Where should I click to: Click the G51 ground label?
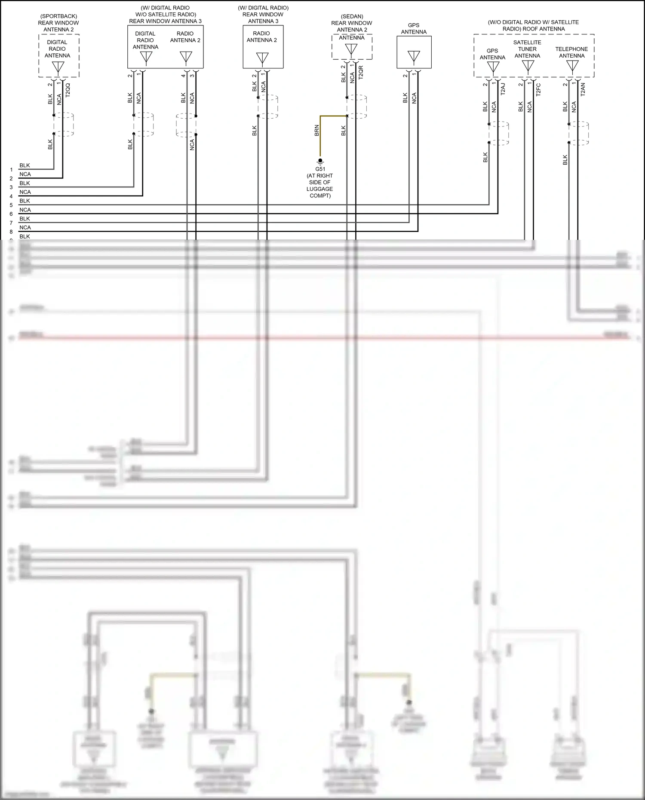[320, 169]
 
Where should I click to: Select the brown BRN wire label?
[317, 130]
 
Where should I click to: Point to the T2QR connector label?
[361, 72]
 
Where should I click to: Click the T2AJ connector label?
[503, 89]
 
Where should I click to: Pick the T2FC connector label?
[538, 89]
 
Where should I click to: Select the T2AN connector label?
[583, 89]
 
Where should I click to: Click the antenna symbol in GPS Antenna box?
[414, 56]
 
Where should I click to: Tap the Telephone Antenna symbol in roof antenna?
[572, 66]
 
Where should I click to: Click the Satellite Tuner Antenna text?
[527, 49]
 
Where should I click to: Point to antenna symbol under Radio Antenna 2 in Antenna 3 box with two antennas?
[186, 57]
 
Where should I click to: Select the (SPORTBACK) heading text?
[58, 16]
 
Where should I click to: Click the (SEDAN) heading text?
[352, 16]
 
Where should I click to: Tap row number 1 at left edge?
[11, 170]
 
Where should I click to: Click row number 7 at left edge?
[11, 223]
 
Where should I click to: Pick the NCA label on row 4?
[25, 192]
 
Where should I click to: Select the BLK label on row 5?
[25, 201]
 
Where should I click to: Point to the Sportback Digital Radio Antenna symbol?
[58, 67]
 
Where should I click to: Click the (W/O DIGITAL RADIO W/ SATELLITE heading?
[533, 22]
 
